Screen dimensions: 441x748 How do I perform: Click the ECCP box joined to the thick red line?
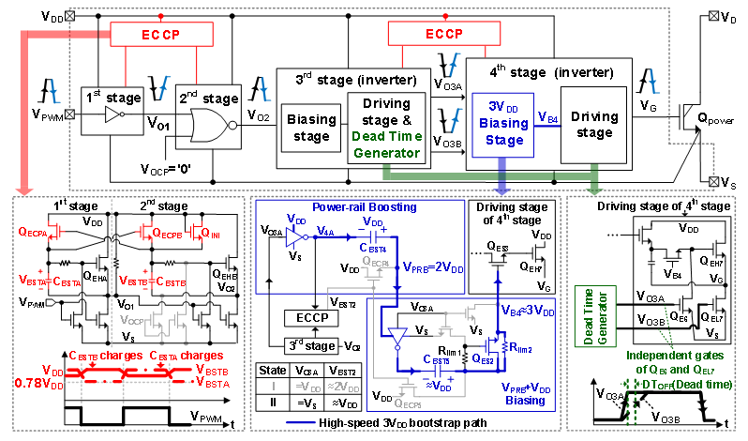161,34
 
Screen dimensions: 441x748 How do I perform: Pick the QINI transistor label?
210,231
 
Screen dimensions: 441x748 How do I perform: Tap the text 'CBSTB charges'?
105,356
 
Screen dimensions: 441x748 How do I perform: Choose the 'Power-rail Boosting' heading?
352,206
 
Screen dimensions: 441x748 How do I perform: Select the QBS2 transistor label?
482,357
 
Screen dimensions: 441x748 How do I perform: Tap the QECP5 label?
408,404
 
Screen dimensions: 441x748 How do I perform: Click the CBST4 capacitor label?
438,359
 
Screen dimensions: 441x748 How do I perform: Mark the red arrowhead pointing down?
25,190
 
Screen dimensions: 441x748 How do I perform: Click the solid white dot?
232,125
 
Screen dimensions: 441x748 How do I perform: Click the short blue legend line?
300,422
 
